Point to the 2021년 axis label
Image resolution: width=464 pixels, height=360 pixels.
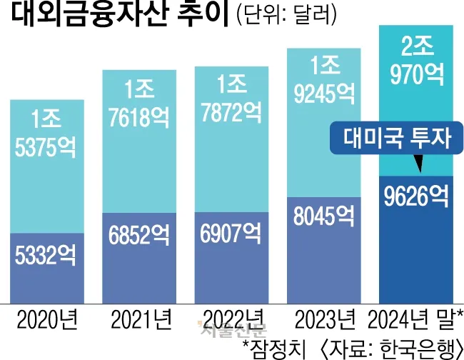click(x=138, y=316)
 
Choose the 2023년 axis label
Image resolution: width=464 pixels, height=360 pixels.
click(x=323, y=316)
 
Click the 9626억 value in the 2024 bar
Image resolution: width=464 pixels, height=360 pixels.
click(x=415, y=195)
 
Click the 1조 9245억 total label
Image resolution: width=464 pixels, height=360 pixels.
click(x=321, y=79)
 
